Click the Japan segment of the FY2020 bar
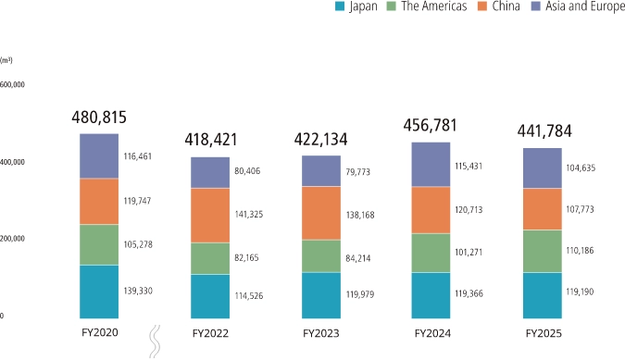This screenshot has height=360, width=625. (99, 292)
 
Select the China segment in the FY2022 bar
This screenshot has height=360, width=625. (210, 216)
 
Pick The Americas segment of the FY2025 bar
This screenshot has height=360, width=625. (543, 251)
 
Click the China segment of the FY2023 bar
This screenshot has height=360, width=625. (320, 213)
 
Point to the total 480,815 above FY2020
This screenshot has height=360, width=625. (99, 118)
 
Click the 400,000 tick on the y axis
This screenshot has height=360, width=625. (13, 162)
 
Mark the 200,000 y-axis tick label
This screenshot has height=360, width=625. (13, 239)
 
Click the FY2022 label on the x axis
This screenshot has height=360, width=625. (210, 332)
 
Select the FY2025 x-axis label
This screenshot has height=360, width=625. (543, 332)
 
